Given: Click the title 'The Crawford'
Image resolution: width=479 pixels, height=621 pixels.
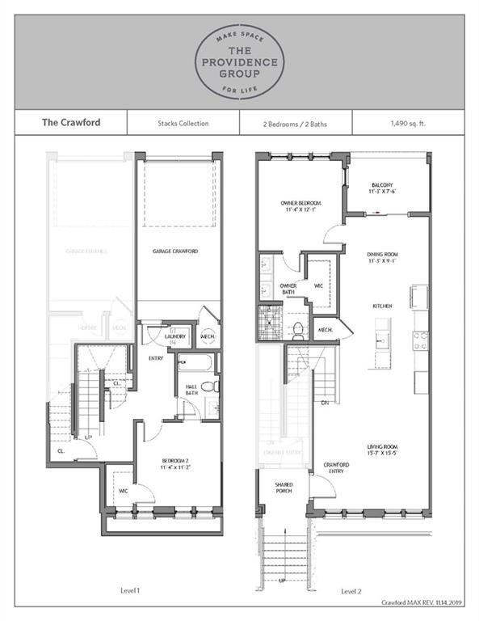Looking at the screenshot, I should point(65,124).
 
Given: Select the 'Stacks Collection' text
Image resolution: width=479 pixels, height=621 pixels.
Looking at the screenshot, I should point(183,124).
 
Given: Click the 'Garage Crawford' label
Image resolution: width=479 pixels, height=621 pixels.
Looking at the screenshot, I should point(175,251).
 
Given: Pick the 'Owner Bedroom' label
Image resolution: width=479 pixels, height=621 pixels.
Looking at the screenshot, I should point(302,205).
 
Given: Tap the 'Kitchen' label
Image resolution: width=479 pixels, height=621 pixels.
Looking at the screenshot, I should point(383,306).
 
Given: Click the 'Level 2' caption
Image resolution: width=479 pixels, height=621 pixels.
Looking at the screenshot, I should point(351,591).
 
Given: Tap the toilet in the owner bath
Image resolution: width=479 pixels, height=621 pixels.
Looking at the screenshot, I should point(297,329).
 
